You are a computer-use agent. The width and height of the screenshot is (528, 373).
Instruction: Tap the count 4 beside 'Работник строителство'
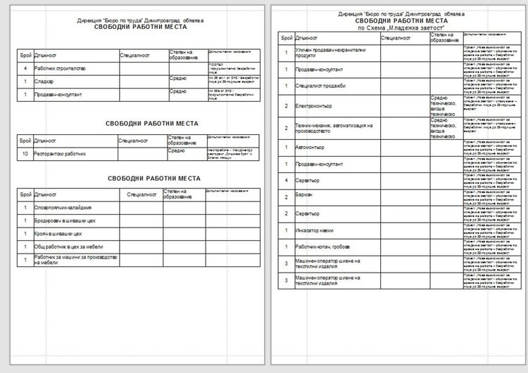pos(25,69)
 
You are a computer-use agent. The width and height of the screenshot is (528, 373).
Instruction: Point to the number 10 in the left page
pos(25,151)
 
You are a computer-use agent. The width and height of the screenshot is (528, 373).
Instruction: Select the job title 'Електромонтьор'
pos(316,106)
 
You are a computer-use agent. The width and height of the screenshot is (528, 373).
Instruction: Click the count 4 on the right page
pos(286,180)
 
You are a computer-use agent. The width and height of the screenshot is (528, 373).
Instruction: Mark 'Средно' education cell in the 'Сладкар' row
pos(178,79)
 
